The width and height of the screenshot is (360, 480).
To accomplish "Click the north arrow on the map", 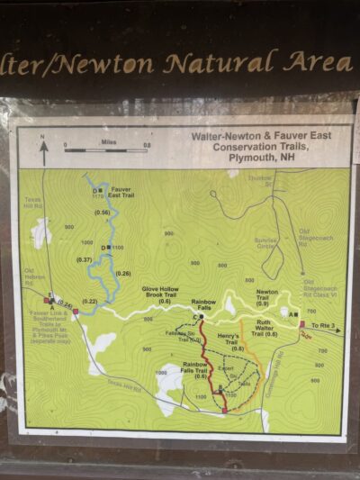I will pyautogui.click(x=42, y=148).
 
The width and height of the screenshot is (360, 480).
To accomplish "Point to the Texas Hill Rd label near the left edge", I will pyautogui.click(x=33, y=203).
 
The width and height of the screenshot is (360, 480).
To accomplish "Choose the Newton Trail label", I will pyautogui.click(x=267, y=294).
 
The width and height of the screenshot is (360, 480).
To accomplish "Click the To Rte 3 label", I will pyautogui.click(x=321, y=324).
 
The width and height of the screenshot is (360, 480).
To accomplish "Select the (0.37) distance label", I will pyautogui.click(x=85, y=259).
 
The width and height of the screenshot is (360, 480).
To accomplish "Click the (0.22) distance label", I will pyautogui.click(x=89, y=301).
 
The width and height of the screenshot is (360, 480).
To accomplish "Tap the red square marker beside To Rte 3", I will pyautogui.click(x=301, y=324).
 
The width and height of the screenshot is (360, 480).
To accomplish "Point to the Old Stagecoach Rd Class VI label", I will pyautogui.click(x=319, y=287).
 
